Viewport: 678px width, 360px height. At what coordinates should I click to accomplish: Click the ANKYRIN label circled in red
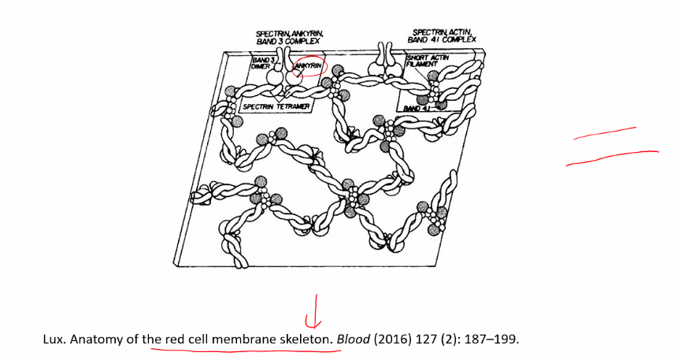(x=308, y=65)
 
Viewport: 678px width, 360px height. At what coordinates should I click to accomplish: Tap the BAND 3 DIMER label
(x=262, y=63)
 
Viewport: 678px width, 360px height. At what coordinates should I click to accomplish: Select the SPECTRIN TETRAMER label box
(x=276, y=106)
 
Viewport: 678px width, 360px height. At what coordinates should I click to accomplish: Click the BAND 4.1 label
(x=414, y=108)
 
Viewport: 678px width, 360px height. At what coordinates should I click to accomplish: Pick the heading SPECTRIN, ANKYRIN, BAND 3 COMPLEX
(x=288, y=37)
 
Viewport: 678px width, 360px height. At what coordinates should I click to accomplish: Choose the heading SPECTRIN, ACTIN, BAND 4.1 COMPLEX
(x=442, y=36)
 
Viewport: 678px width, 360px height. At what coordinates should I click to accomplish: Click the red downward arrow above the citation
(x=314, y=310)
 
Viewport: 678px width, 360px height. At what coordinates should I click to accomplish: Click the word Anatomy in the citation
(x=97, y=340)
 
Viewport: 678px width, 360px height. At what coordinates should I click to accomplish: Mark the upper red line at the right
(x=605, y=133)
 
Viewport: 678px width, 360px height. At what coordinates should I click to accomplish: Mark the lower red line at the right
(x=613, y=158)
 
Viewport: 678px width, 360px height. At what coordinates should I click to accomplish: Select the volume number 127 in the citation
(x=424, y=340)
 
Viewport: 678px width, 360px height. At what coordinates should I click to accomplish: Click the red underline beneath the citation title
(x=246, y=349)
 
